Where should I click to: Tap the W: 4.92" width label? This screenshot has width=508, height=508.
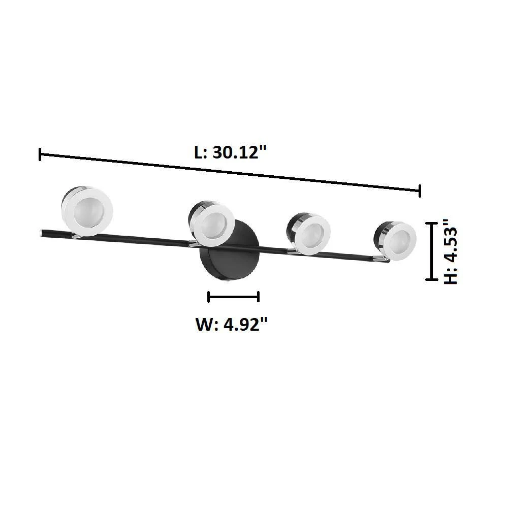[x=232, y=324]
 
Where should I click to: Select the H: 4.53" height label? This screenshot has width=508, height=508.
[x=450, y=251]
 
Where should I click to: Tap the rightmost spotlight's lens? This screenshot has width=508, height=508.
[x=400, y=241]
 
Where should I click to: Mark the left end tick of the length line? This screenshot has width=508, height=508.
[x=40, y=154]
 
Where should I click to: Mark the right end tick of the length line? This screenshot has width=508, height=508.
[x=420, y=191]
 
